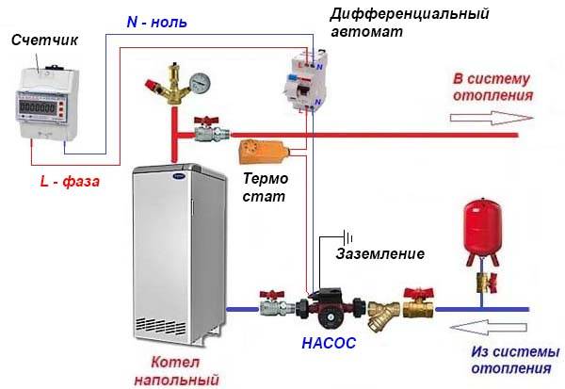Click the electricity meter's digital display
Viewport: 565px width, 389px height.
[38, 106]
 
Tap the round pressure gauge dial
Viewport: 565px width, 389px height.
[200, 83]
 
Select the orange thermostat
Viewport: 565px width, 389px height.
[264, 151]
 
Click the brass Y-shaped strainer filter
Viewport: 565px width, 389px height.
[383, 315]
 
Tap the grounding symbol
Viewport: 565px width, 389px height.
[347, 238]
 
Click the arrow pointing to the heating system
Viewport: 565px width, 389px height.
[492, 118]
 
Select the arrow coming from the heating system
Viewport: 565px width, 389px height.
[489, 328]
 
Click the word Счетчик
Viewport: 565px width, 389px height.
[44, 40]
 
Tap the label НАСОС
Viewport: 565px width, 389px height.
[329, 343]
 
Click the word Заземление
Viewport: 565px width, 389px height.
[380, 253]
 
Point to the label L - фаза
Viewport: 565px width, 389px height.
[70, 181]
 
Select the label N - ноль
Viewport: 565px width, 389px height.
[157, 23]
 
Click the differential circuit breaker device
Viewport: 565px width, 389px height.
[305, 82]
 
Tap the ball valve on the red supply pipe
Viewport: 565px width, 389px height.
[210, 130]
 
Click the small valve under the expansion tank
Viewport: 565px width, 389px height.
[487, 283]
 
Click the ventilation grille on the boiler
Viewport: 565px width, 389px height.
[161, 326]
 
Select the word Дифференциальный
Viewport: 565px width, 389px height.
[410, 14]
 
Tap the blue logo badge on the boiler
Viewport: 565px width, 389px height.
[179, 176]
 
